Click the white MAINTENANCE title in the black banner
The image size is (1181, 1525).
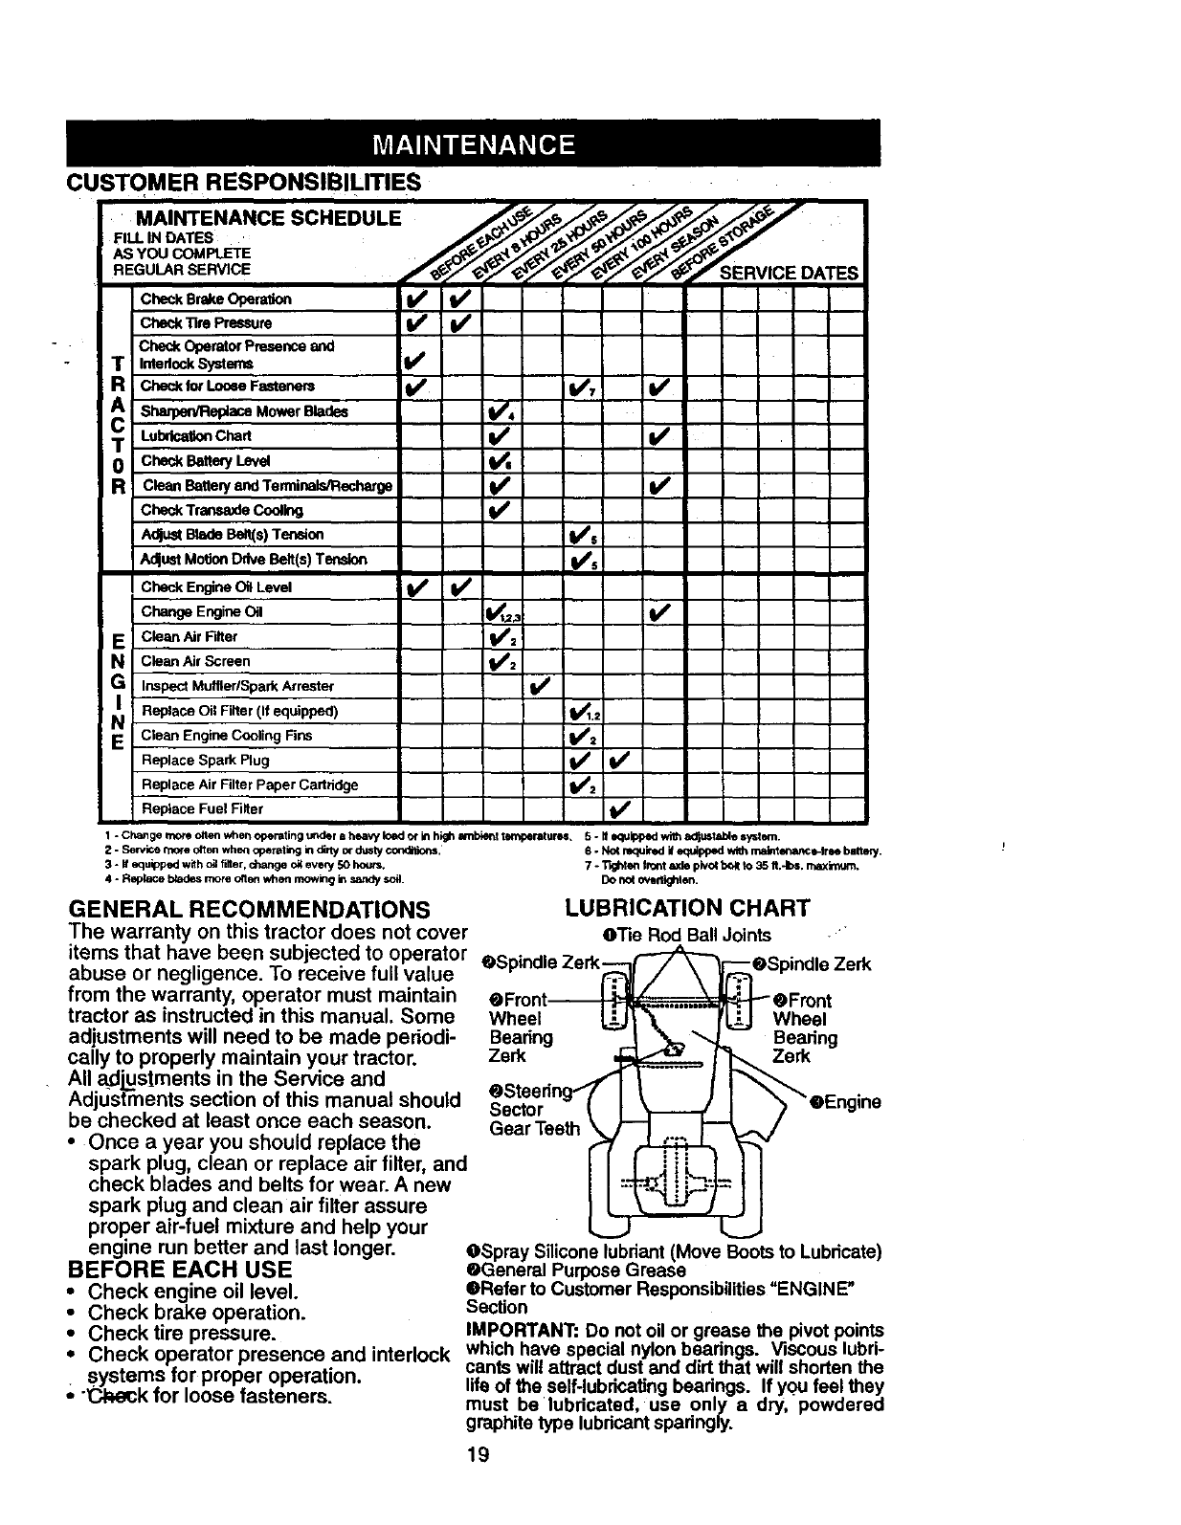point(473,145)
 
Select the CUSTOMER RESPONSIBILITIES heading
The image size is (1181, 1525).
point(243,182)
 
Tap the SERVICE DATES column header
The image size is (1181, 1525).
point(789,273)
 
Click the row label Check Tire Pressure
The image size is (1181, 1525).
point(206,323)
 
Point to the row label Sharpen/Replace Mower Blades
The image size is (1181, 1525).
point(244,411)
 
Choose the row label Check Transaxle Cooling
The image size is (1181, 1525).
point(221,510)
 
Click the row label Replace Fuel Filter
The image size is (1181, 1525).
point(202,809)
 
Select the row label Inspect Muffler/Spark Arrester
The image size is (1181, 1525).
point(237,686)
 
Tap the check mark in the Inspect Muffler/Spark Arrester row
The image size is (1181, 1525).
point(540,686)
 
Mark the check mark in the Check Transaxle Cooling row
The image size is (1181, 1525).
point(498,510)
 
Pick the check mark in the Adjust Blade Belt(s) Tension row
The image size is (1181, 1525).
point(578,535)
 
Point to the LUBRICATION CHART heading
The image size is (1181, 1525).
point(687,907)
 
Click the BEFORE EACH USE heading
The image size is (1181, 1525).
point(180,1270)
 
